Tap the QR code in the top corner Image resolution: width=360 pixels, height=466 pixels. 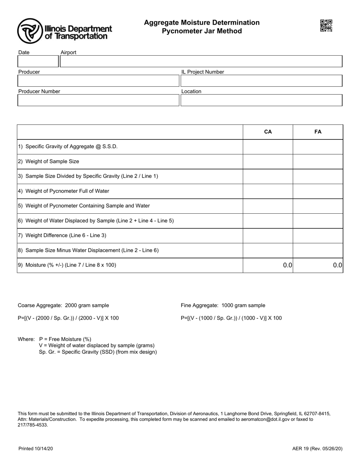326,26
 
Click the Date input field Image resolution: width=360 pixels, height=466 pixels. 38,61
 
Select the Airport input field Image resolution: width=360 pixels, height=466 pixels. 201,61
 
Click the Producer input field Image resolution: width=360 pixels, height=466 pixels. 98,81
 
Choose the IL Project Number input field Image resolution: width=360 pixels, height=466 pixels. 261,81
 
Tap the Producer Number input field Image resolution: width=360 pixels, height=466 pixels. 98,100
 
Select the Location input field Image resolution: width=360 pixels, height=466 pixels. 261,100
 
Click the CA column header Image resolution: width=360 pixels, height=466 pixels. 268,132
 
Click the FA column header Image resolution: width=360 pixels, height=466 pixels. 318,132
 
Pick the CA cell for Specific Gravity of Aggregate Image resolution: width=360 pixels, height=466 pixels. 268,147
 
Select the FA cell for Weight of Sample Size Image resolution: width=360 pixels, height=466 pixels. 318,161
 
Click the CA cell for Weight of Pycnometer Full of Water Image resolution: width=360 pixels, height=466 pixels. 268,191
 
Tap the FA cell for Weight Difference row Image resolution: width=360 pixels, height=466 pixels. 318,236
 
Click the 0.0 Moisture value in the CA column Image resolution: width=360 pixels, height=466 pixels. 287,265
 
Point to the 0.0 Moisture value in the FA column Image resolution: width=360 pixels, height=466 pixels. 337,265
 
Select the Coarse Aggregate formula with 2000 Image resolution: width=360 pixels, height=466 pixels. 68,318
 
